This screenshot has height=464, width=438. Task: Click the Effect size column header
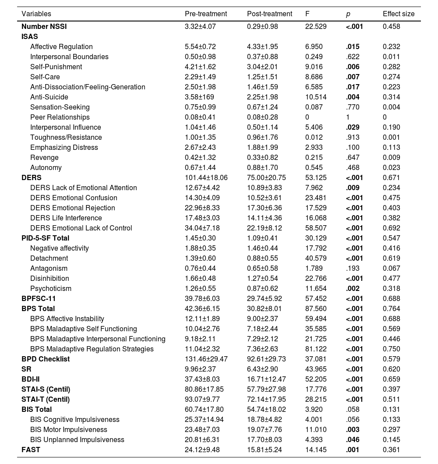(x=398, y=14)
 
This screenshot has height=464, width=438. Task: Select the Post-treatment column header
(x=269, y=14)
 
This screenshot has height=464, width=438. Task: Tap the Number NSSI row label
(x=44, y=26)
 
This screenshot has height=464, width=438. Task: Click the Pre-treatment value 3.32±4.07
(x=200, y=26)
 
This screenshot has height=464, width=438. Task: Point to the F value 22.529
(x=316, y=26)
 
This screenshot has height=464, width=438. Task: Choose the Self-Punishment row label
(x=56, y=67)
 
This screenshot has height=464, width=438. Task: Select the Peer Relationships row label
(x=60, y=117)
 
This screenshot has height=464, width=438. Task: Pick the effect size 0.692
(x=391, y=228)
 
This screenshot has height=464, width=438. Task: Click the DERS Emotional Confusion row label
(x=74, y=198)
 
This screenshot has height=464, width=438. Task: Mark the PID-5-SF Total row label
(x=46, y=238)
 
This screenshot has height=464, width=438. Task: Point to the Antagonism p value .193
(x=352, y=268)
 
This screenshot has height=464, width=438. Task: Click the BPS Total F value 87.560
(x=316, y=308)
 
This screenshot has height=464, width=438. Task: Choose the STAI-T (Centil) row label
(x=46, y=399)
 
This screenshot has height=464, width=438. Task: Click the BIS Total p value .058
(x=352, y=409)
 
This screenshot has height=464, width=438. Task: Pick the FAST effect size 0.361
(x=391, y=450)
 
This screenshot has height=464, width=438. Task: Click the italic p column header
(x=348, y=14)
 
